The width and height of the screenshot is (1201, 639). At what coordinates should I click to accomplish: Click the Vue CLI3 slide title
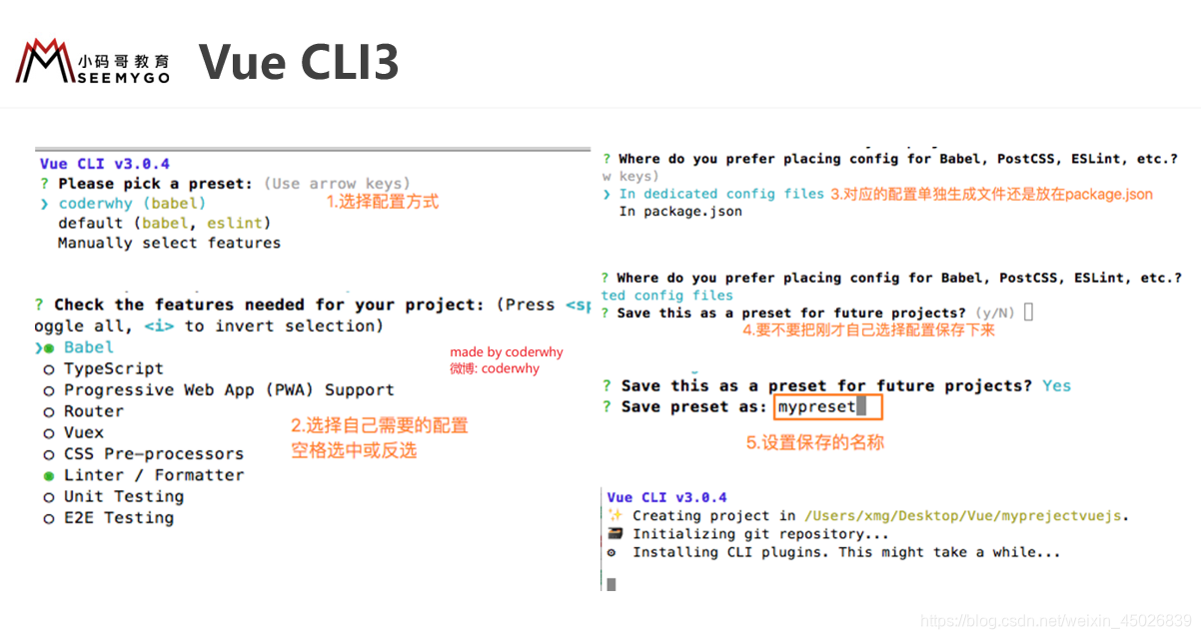coord(299,62)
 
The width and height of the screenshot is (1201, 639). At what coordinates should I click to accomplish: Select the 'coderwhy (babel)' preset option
coord(132,204)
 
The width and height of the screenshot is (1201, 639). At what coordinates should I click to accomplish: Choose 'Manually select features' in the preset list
coord(169,243)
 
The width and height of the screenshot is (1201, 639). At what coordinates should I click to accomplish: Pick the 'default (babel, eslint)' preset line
coord(164,223)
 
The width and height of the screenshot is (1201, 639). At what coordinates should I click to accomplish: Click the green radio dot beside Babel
coord(48,347)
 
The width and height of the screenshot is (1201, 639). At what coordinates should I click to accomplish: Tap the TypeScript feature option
coord(113,368)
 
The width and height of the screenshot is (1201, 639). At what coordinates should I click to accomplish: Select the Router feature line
coord(94,411)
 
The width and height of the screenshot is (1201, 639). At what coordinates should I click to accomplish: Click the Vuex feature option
coord(84,432)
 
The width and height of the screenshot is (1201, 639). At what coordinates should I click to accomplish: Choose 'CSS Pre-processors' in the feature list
coord(153,453)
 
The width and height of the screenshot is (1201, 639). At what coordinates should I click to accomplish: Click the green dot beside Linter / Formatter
coord(48,475)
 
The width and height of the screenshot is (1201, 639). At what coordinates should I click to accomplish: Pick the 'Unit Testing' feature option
coord(123,496)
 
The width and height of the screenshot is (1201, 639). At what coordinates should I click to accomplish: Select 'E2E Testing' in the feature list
coord(118,517)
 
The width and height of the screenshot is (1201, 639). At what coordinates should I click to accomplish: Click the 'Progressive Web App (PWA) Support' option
coord(229,389)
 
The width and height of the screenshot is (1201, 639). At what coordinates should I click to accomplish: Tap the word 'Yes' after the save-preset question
coord(1056,385)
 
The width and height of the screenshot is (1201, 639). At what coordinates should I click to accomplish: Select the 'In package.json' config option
coord(680,212)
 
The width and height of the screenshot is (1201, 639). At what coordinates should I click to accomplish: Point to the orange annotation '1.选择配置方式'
coord(383,202)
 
